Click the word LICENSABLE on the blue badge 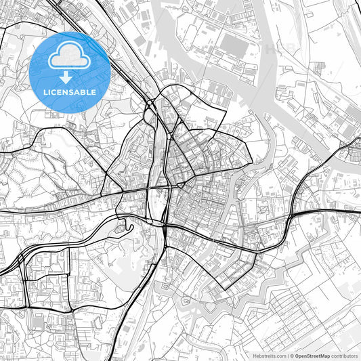point(69,91)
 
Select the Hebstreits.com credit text point(270,356)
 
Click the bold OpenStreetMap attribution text point(312,356)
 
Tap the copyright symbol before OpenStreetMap point(291,356)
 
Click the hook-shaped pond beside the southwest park point(126,228)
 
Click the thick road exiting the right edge point(355,213)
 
